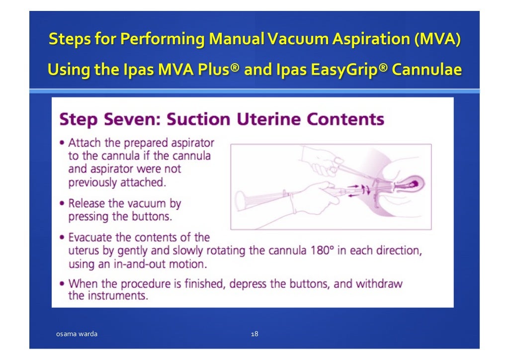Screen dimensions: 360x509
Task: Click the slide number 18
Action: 254,334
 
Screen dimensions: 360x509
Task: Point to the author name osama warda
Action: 76,334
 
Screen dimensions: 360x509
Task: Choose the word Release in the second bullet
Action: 87,203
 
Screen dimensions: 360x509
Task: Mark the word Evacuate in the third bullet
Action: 90,238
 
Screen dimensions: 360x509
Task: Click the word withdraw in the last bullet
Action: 382,284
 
